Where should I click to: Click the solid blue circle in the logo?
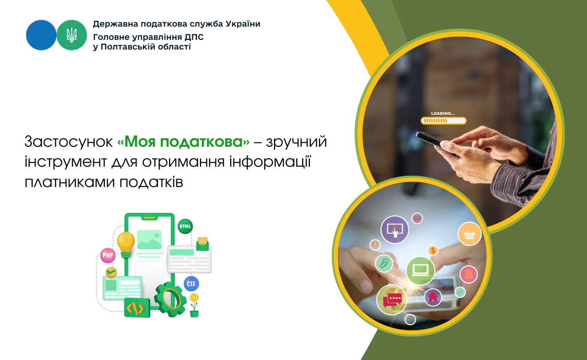[x=41, y=35]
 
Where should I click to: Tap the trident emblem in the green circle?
[x=72, y=35]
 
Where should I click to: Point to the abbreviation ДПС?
[x=194, y=37]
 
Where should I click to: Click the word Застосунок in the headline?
[x=68, y=142]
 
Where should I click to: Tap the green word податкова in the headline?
[x=201, y=142]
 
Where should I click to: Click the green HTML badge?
[x=185, y=227]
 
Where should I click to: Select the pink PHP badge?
[x=108, y=255]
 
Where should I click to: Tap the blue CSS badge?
[x=191, y=284]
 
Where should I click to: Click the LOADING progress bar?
[x=443, y=121]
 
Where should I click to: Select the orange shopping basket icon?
[x=469, y=234]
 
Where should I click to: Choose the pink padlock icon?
[x=468, y=274]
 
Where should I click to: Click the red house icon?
[x=433, y=297]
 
